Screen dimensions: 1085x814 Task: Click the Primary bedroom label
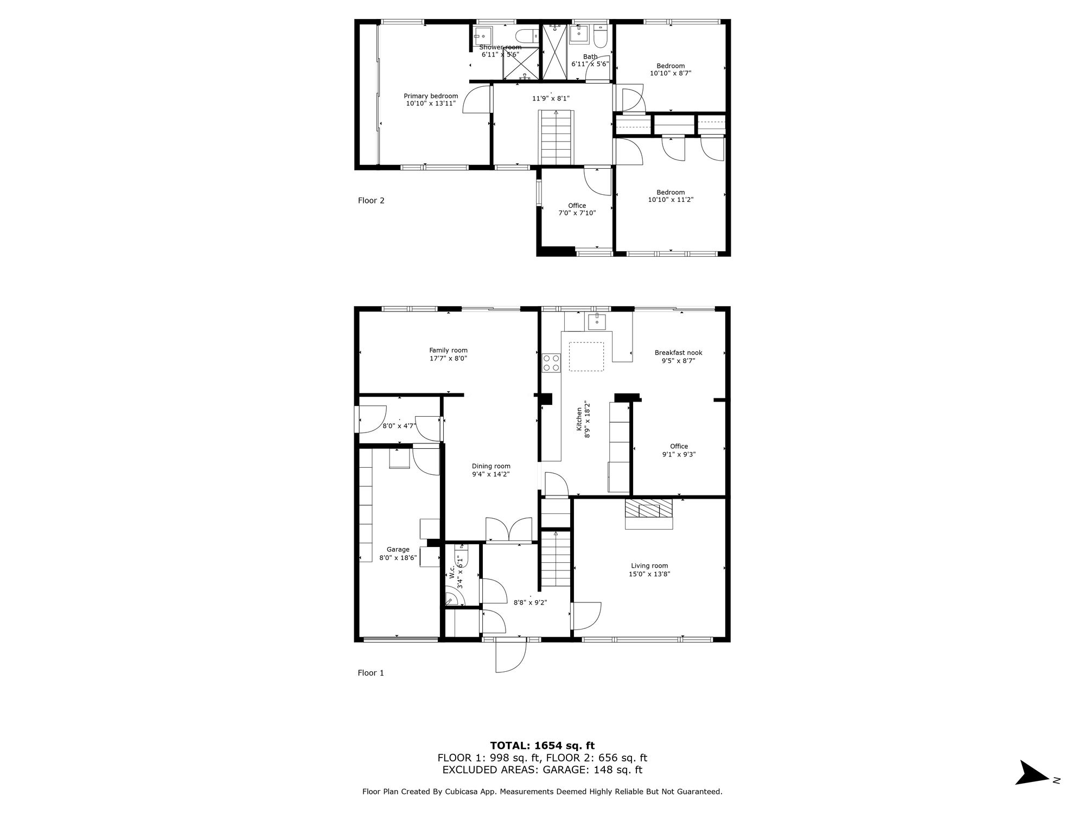point(431,96)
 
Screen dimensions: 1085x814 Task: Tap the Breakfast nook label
point(678,353)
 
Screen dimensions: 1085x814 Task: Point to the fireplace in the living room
point(649,514)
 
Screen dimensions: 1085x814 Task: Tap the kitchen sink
point(597,321)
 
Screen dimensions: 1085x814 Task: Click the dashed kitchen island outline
point(586,357)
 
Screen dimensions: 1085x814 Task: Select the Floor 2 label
point(371,200)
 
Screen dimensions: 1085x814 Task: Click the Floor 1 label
point(371,673)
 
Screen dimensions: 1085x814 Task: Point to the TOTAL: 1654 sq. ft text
point(542,746)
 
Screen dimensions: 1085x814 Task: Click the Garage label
point(398,550)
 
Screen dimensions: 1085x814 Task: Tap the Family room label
point(448,351)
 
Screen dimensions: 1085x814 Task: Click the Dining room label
point(491,466)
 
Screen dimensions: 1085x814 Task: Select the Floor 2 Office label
point(577,206)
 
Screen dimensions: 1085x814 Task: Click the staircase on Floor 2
point(556,137)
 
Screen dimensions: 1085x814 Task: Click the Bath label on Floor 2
point(590,56)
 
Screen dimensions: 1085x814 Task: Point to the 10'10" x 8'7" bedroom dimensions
point(671,73)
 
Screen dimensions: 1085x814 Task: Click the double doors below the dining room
point(509,530)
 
